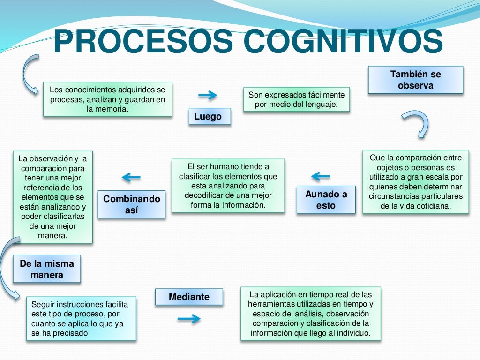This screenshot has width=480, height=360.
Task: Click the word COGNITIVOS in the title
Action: (x=344, y=41)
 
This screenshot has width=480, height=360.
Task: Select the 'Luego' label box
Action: (x=210, y=117)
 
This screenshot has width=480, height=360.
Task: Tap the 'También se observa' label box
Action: (x=415, y=80)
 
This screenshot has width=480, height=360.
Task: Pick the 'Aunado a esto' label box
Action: (x=326, y=200)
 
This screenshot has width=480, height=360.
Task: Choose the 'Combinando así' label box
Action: (x=131, y=204)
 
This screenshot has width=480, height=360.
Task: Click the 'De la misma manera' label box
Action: (x=46, y=269)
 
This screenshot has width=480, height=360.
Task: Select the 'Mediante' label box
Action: (x=189, y=297)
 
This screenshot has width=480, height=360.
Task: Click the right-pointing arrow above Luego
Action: (x=207, y=96)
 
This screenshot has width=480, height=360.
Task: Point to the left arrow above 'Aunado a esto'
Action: (x=321, y=177)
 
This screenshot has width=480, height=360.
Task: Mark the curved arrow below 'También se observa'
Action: (x=416, y=123)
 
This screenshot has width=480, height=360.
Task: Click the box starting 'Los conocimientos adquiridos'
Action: (x=107, y=99)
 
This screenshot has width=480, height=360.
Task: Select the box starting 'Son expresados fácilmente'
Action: (x=296, y=99)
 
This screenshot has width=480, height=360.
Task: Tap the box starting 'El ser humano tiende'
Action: (x=228, y=186)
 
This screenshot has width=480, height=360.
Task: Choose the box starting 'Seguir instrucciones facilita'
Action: (x=81, y=318)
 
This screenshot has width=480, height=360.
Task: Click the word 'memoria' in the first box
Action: (x=113, y=109)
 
